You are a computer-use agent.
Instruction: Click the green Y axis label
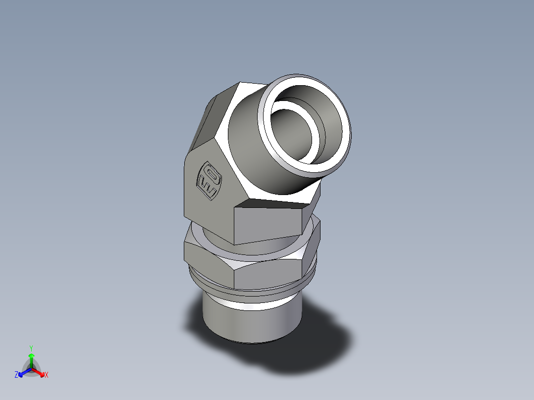tap(31, 348)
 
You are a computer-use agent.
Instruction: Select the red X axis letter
tap(47, 375)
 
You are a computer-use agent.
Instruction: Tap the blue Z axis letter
tap(16, 375)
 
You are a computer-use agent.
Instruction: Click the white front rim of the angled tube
tap(342, 149)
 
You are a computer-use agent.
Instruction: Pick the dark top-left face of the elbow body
tap(208, 119)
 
